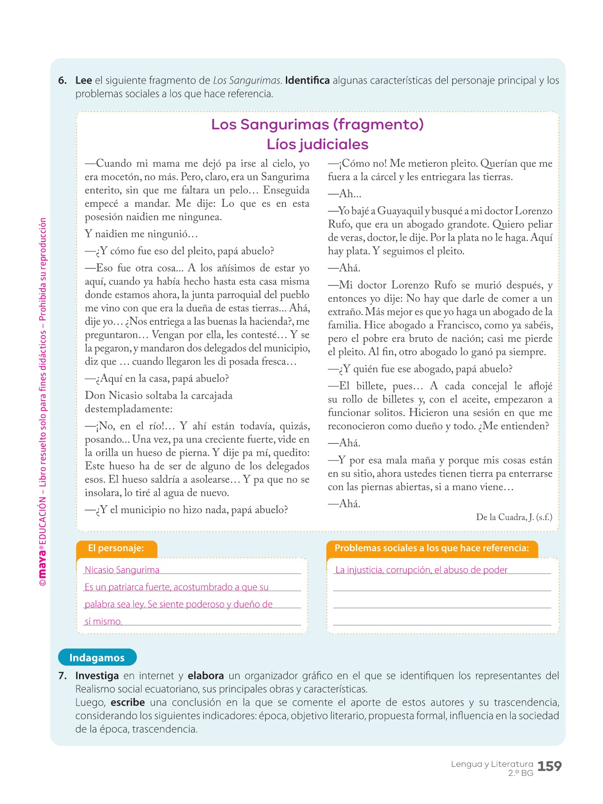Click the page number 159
click(549, 766)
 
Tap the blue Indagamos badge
click(97, 657)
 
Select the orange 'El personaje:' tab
click(116, 549)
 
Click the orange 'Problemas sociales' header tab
click(431, 549)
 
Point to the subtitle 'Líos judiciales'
click(318, 144)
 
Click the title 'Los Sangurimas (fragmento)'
click(318, 124)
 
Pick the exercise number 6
click(63, 81)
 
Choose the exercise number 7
click(63, 676)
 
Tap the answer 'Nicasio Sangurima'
click(122, 570)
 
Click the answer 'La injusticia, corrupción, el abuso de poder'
click(421, 570)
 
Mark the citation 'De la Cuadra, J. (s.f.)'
click(514, 517)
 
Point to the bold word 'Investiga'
click(97, 676)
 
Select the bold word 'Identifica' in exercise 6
click(307, 81)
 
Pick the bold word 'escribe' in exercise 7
click(128, 703)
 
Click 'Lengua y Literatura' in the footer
click(492, 764)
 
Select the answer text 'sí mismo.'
click(103, 621)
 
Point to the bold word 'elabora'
click(205, 676)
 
